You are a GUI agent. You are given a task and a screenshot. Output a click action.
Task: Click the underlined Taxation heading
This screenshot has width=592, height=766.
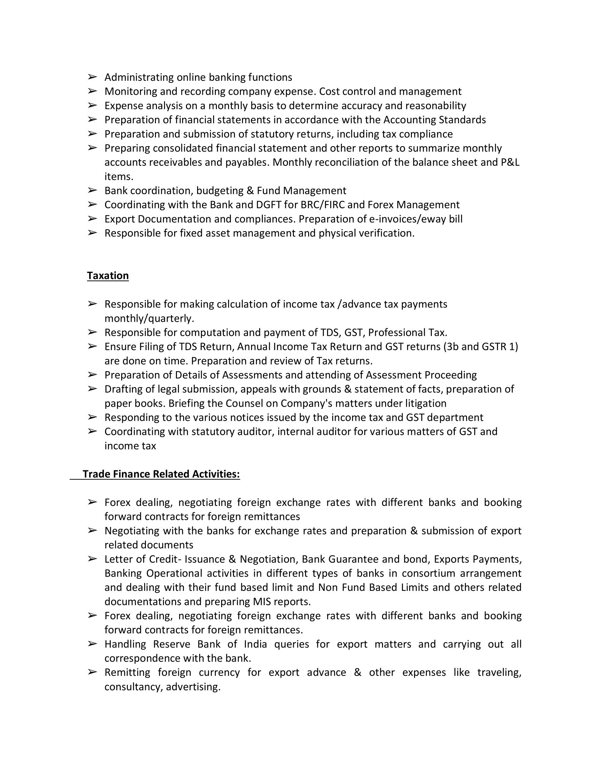coord(108,276)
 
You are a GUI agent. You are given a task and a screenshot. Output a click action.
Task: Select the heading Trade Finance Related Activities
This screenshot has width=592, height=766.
coord(161,474)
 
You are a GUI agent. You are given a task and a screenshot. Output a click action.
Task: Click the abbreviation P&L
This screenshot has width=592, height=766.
coord(510,162)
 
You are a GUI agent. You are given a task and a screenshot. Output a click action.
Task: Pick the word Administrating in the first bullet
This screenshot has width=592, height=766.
coord(139,77)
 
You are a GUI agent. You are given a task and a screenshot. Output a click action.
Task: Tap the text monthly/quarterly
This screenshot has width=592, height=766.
coord(149,319)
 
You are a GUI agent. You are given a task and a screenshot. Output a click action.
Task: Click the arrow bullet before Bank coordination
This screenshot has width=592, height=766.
coord(92,190)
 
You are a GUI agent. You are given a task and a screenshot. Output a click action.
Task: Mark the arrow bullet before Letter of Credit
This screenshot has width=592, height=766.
coord(92,559)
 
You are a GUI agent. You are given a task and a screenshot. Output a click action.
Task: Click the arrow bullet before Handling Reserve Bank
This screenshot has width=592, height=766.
coord(92,644)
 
